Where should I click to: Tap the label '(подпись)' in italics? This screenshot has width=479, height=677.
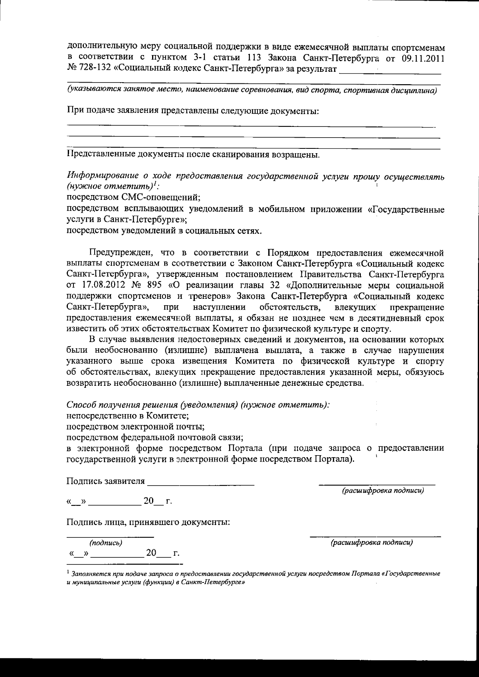106,543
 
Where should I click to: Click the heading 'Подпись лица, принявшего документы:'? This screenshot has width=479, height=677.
148,522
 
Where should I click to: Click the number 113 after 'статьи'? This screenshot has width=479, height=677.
254,58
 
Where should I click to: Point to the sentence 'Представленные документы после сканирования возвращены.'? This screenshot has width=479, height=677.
193,155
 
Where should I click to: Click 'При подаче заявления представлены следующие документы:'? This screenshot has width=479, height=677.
192,111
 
